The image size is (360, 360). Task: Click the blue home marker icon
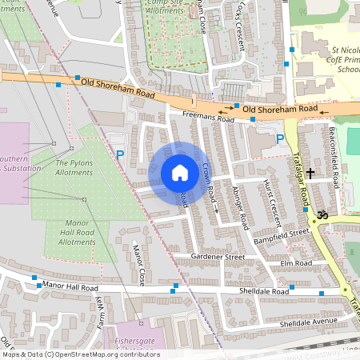(x=180, y=173)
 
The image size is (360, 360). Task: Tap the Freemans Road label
(x=207, y=118)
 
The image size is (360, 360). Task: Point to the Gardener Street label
(x=218, y=257)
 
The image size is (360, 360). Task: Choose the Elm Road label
(x=297, y=262)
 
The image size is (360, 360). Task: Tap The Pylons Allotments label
(x=73, y=167)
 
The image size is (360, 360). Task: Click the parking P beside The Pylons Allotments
(x=120, y=154)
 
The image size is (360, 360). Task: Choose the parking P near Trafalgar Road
(x=280, y=139)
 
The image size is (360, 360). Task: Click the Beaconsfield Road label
(x=334, y=155)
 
